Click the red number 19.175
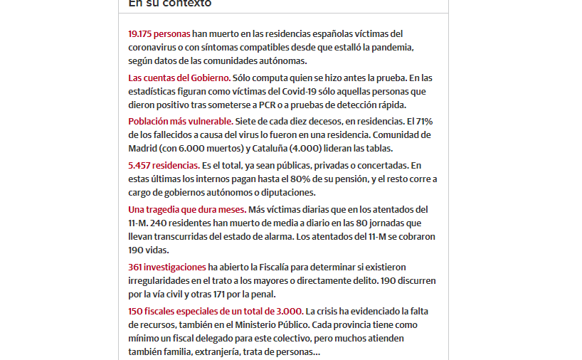tap(140, 33)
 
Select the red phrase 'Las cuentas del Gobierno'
tap(178, 78)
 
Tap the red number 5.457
tap(141, 165)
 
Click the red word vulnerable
tap(208, 121)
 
